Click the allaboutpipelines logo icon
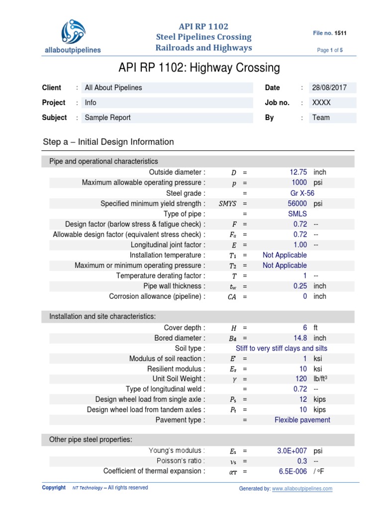(x=74, y=31)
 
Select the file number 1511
(x=341, y=33)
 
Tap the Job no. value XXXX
(x=321, y=103)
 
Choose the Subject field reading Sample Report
(x=108, y=118)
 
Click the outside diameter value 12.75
(x=298, y=172)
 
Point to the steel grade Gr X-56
(x=302, y=193)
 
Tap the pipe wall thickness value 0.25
(x=300, y=286)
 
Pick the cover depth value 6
(x=304, y=328)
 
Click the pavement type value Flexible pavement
(x=302, y=420)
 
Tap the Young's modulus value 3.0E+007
(x=292, y=451)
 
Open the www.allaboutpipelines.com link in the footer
(x=302, y=489)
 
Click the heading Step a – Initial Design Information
(x=108, y=142)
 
